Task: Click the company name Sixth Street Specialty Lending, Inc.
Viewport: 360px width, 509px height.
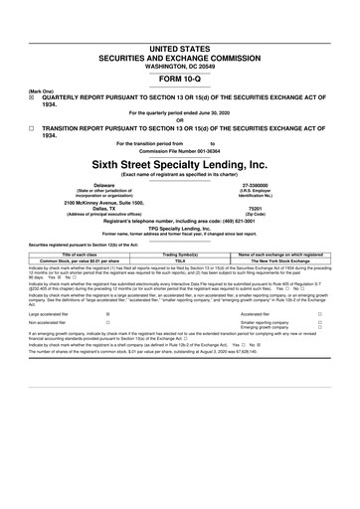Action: pyautogui.click(x=179, y=164)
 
